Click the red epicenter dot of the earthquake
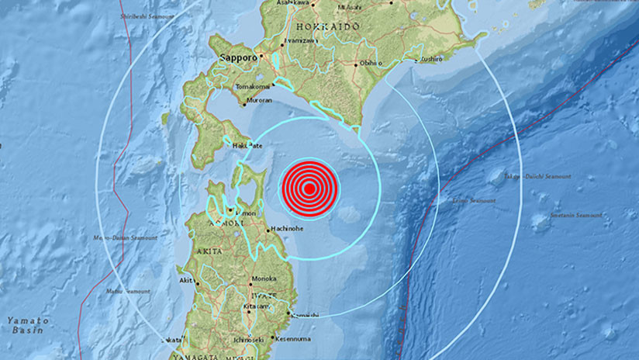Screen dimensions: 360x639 pyautogui.click(x=309, y=188)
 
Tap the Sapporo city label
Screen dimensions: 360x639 pyautogui.click(x=237, y=57)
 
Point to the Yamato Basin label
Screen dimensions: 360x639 pyautogui.click(x=28, y=324)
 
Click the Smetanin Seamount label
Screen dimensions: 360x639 pyautogui.click(x=576, y=216)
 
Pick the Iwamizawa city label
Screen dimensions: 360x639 pyautogui.click(x=299, y=40)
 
